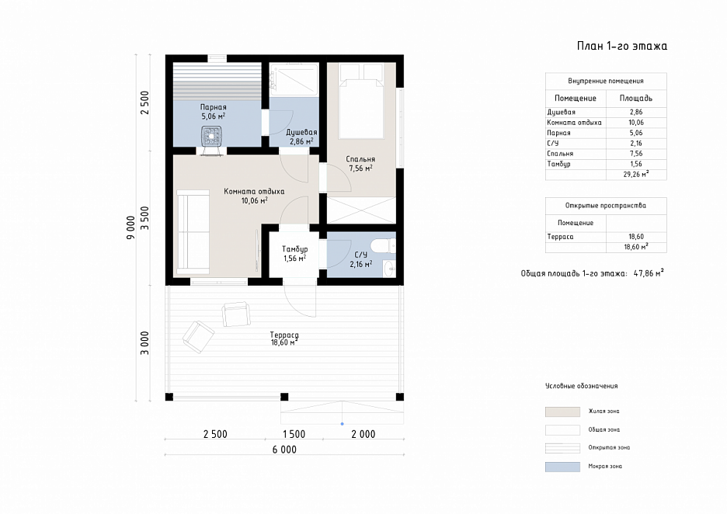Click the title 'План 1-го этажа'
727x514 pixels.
point(621,46)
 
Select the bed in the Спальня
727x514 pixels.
point(362,102)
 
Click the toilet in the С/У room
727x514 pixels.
point(384,245)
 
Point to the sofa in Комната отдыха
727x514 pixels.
point(193,231)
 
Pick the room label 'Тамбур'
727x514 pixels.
point(295,249)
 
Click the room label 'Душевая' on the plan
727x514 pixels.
point(301,132)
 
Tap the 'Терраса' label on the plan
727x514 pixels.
point(284,335)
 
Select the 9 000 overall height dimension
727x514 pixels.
point(131,227)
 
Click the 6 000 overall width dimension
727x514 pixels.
point(284,450)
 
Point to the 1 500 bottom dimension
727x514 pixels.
point(294,434)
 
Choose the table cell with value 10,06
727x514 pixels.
point(636,123)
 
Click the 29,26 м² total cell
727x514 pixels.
point(636,174)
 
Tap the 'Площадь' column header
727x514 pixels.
point(636,99)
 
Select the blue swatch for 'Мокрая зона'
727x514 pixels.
point(562,467)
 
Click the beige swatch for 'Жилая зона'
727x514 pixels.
point(562,412)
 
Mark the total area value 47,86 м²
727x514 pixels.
point(649,273)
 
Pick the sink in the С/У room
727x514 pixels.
point(389,267)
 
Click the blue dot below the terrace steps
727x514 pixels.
point(343,424)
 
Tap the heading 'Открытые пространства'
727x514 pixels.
point(606,205)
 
